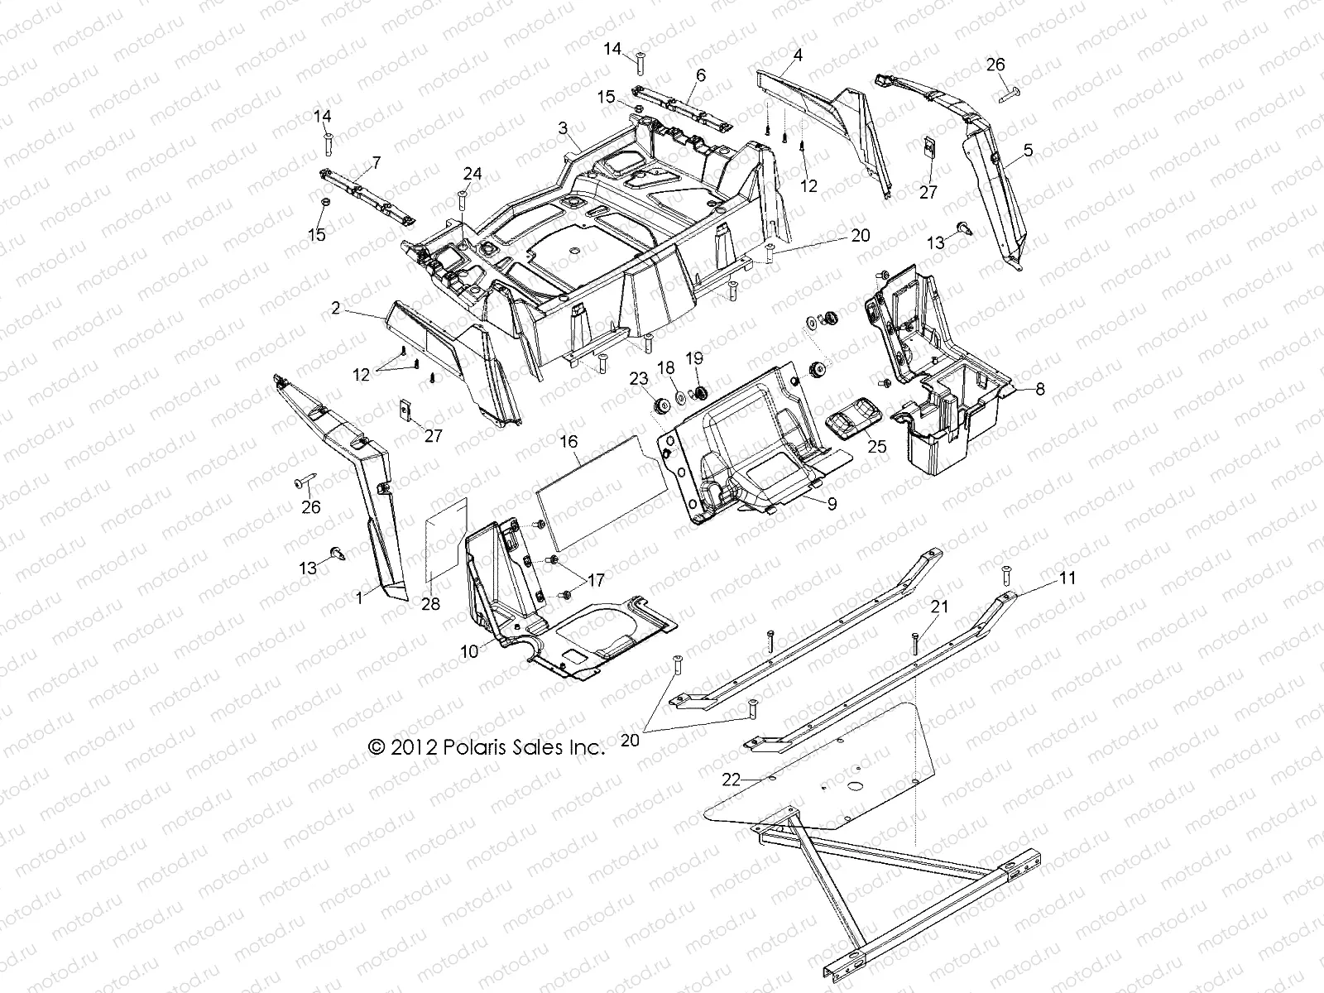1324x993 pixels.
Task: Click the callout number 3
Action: [x=563, y=128]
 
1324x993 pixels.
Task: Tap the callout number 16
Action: [x=568, y=443]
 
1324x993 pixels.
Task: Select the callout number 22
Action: [x=730, y=779]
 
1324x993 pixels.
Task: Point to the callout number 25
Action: [x=877, y=447]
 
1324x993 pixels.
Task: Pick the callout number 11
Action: [x=1067, y=578]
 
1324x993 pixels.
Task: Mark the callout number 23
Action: [x=638, y=378]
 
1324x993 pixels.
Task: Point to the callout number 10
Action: [x=469, y=651]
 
